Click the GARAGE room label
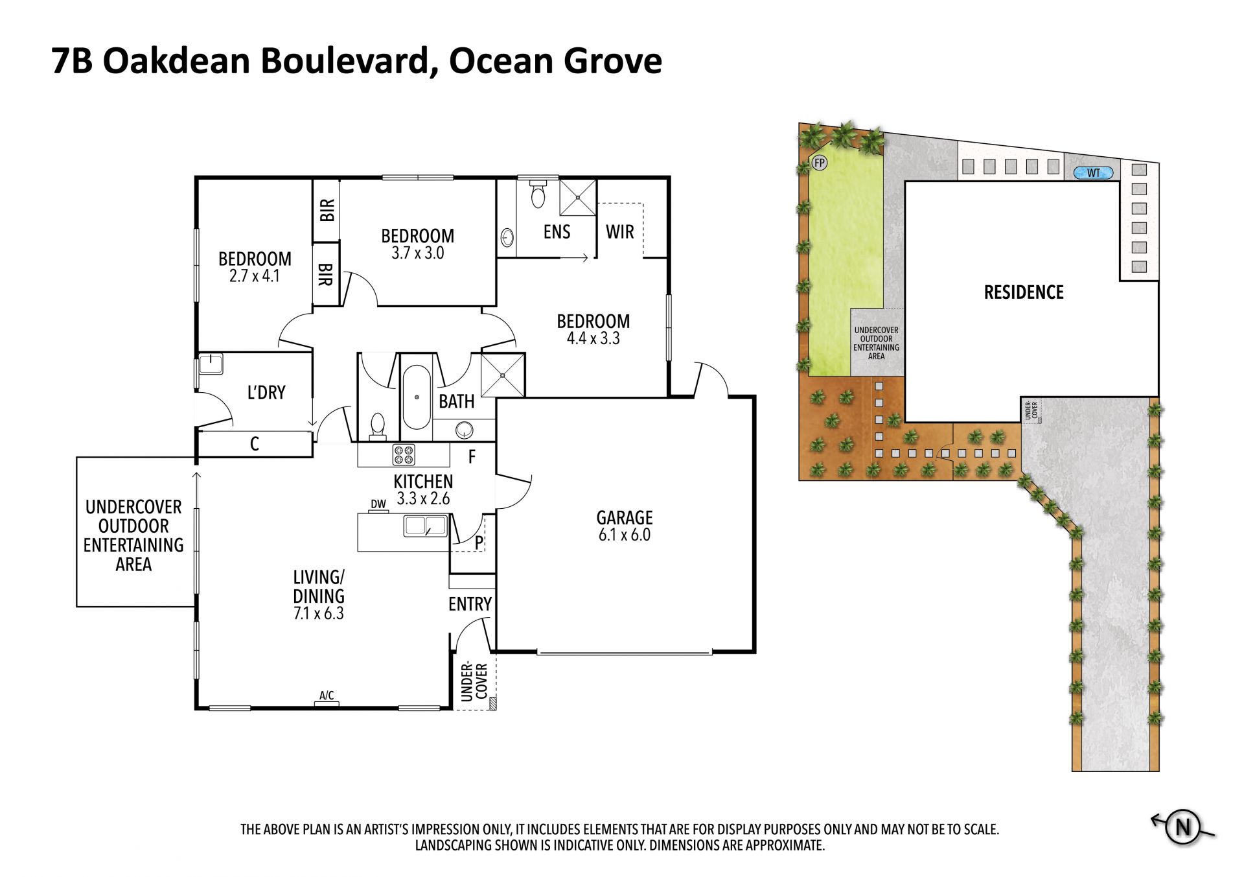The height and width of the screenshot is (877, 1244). tap(625, 517)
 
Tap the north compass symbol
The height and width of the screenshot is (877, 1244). tap(1183, 827)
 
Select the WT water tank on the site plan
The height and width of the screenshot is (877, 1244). tap(1094, 173)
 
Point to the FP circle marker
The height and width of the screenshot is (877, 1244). tap(820, 163)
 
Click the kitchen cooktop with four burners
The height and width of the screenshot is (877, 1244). tap(404, 455)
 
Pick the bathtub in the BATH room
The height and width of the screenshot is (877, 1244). tap(417, 397)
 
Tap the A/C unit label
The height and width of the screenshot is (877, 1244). tap(327, 696)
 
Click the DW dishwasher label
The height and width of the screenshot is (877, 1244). tap(378, 504)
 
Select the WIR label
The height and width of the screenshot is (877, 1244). tap(620, 231)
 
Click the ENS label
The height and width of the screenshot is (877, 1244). tap(557, 231)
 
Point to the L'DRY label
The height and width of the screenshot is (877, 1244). tap(266, 392)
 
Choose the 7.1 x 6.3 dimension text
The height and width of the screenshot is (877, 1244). tap(319, 613)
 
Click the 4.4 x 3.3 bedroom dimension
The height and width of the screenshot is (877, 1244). tap(593, 338)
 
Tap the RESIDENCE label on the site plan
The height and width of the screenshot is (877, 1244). tap(1024, 292)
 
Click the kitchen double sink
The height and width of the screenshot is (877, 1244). tap(426, 526)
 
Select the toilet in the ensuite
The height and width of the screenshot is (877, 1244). tap(538, 192)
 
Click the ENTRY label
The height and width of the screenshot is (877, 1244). tap(470, 604)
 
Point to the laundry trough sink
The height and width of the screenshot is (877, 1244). tap(211, 364)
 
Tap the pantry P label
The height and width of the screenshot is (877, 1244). tap(479, 543)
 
